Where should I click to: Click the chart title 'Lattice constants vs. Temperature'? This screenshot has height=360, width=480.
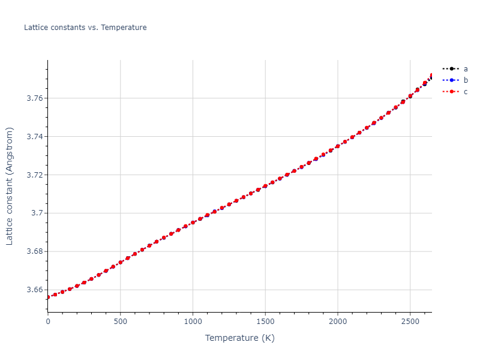(85, 28)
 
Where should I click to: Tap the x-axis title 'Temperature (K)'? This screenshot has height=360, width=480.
(239, 338)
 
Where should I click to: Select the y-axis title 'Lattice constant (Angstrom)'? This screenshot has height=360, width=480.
(10, 186)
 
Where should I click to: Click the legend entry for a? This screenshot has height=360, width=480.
(465, 69)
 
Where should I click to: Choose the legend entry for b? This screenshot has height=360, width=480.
(465, 80)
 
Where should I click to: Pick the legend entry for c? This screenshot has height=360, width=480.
(465, 92)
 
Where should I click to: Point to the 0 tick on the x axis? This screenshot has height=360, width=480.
(48, 321)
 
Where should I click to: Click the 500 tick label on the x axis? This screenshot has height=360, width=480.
(121, 321)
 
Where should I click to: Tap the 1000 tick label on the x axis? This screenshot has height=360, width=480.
(193, 321)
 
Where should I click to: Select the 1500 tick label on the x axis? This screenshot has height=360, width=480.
(265, 321)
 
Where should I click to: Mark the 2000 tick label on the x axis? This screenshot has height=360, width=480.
(338, 321)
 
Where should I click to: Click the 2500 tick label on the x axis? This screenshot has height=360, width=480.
(410, 321)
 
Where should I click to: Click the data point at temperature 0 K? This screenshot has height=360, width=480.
(48, 297)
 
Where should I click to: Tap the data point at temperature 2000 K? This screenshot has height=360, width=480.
(338, 146)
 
